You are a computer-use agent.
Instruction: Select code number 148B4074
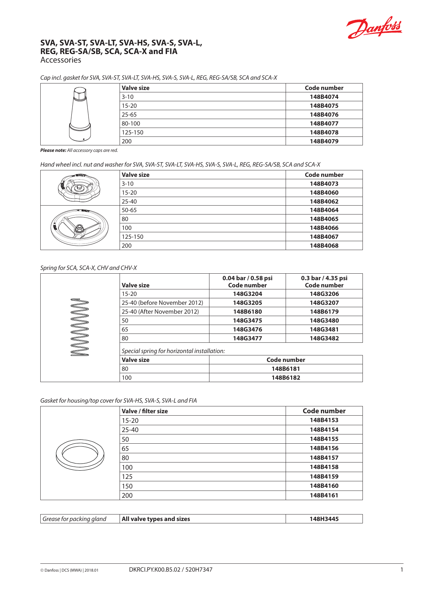324,97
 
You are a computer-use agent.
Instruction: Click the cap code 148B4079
324,141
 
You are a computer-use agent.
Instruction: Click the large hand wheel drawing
80,227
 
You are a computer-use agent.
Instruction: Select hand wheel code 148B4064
324,210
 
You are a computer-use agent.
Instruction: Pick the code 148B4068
324,246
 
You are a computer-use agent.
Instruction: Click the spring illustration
80,327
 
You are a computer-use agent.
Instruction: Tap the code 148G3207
324,303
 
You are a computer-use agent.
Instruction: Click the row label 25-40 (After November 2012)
160,312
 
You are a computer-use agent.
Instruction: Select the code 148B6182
286,378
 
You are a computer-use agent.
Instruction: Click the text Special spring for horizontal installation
173,351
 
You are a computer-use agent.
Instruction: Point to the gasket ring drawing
80,455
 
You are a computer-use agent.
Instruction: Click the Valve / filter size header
145,411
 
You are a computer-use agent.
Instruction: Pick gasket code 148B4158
324,467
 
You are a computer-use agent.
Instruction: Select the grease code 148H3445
324,519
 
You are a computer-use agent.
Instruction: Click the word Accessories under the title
61,60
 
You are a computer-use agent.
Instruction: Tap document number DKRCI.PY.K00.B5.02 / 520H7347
170,570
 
